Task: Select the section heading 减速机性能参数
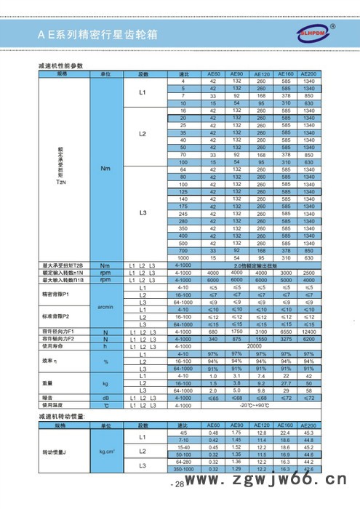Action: tap(60, 66)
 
